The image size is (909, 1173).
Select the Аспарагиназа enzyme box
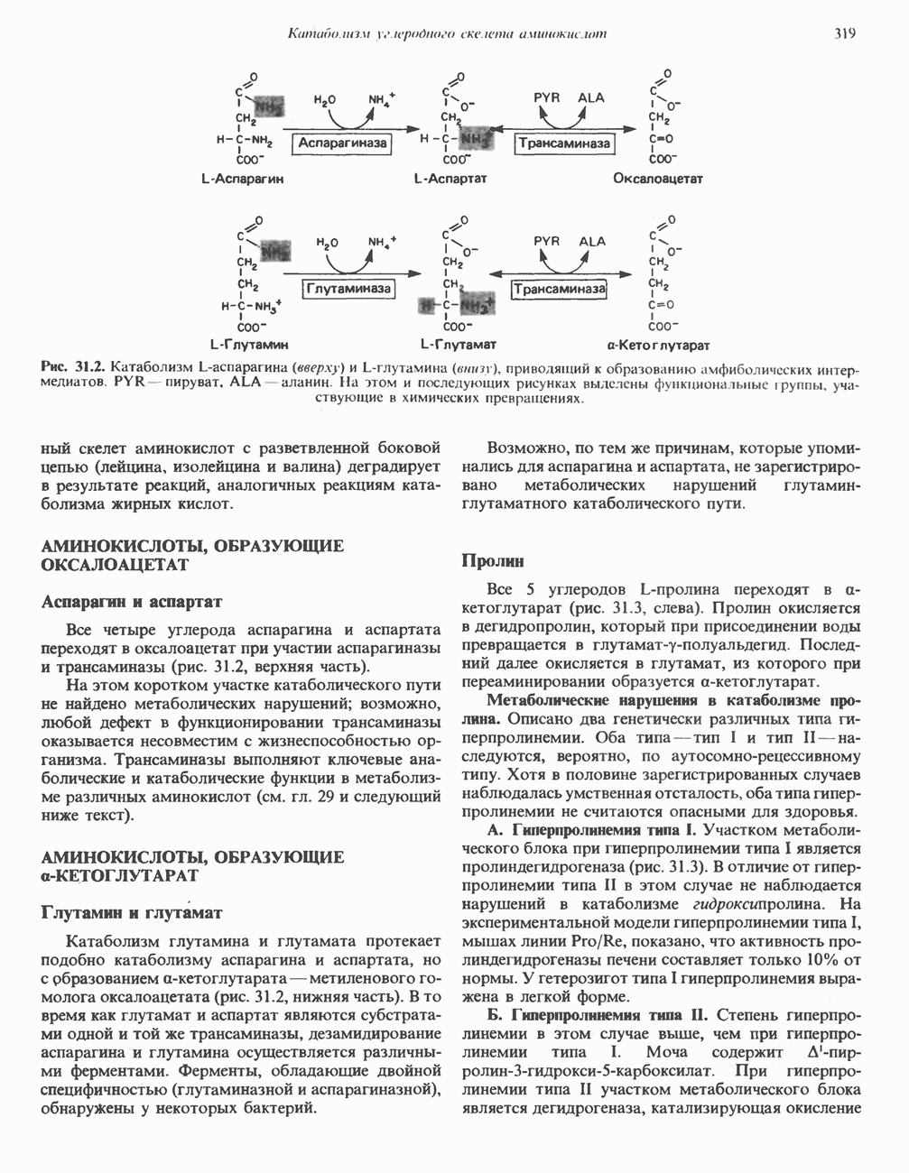pos(342,143)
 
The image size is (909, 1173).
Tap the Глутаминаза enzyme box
pos(348,289)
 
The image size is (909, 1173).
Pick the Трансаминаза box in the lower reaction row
pos(560,289)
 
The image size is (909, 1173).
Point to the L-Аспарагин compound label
pos(242,179)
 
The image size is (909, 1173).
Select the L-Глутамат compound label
pos(459,345)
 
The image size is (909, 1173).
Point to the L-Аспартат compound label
pos(450,179)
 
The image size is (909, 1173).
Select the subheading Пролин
pos(493,561)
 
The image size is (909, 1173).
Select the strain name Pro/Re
pos(573,940)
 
